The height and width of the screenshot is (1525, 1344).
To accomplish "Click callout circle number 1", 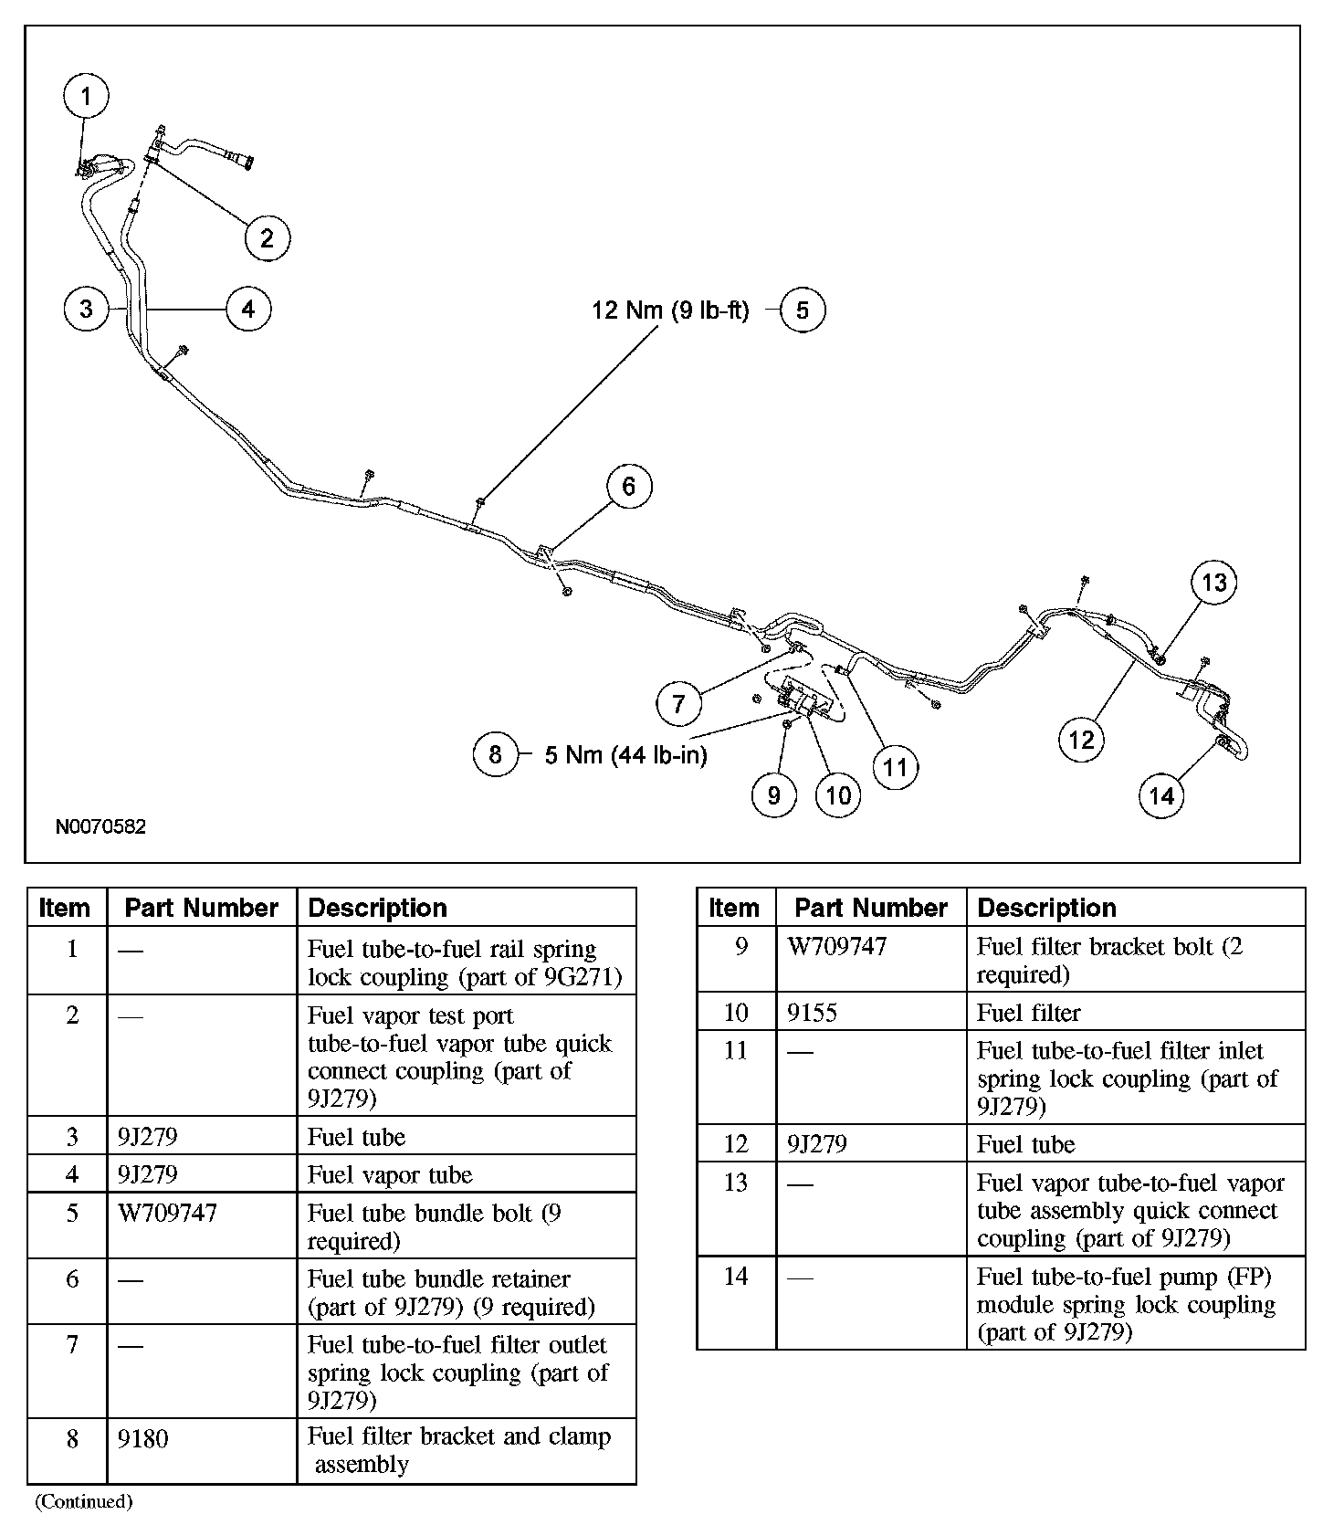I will coord(87,96).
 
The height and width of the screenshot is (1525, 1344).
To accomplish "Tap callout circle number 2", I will coord(268,238).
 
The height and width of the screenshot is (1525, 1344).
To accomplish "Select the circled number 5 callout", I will coord(803,310).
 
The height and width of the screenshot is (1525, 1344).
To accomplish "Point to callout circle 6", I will coord(628,486).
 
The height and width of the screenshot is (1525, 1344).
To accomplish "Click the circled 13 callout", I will coord(1214,583).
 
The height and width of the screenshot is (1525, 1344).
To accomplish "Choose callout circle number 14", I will coord(1161,795).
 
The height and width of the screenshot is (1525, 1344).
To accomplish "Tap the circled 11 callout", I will coord(896,766).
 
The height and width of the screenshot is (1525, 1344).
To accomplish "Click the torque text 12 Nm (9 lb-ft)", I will coord(670,310).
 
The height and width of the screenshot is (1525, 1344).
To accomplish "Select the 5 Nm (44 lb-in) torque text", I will coord(625,755).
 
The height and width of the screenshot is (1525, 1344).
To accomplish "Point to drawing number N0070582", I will coord(100,827).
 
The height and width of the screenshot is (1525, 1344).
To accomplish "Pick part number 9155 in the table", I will coord(813,1013).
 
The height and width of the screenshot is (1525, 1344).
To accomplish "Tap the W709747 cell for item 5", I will coord(168,1214).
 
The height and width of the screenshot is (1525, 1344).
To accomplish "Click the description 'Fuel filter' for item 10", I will coord(1029,1013).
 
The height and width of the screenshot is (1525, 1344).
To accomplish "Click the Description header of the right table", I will coord(1046,908).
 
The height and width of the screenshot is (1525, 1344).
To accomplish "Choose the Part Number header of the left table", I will coord(201,908).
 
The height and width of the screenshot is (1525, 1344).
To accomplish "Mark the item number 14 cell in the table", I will coord(736,1277).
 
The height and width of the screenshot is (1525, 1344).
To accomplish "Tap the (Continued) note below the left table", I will coord(83,1501).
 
